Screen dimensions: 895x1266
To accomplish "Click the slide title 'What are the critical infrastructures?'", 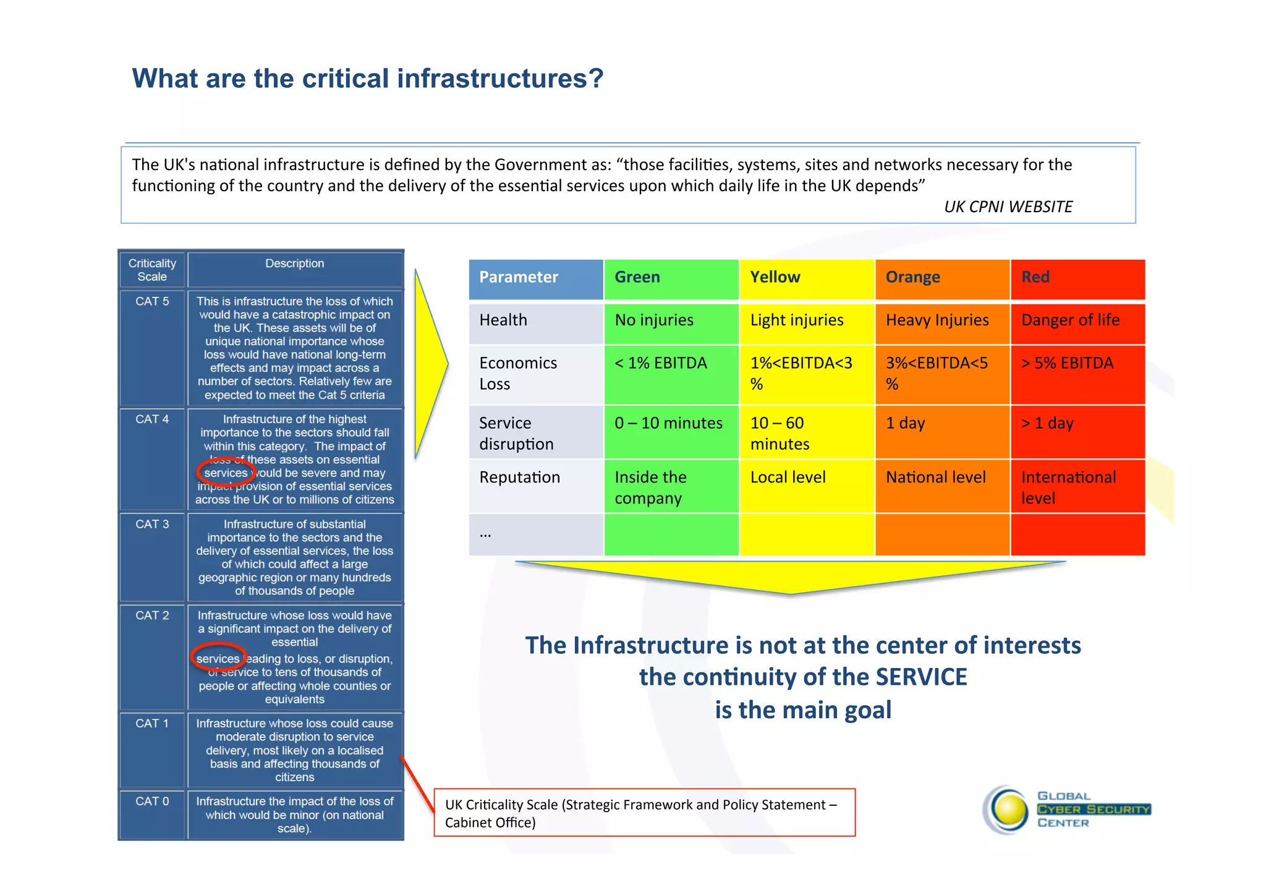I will [367, 79].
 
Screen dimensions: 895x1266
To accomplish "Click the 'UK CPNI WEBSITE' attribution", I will [1008, 207].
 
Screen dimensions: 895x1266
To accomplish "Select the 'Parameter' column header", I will [518, 277].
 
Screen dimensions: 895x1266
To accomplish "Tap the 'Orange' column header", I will [912, 277].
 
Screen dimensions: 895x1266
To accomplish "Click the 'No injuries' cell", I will [654, 320].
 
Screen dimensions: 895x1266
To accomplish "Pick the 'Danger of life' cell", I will [1070, 320].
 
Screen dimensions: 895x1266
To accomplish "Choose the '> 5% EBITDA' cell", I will [1067, 363].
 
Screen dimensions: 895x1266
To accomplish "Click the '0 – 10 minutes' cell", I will [668, 423].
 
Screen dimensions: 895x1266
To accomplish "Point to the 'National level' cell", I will [935, 477].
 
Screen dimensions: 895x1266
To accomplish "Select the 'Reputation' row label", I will [519, 477].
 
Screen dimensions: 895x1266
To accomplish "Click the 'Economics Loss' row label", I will [518, 373].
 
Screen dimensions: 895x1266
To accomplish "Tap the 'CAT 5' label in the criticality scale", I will [152, 301].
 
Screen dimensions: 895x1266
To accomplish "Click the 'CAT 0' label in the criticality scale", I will [152, 802].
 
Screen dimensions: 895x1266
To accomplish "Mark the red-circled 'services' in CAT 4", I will [226, 473].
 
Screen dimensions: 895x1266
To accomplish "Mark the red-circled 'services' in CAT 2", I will [218, 659].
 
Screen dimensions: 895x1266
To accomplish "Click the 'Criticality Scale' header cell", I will [152, 270].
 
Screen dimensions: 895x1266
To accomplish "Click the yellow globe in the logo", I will [1009, 810].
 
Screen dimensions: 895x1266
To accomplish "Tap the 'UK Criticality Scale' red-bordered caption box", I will [644, 813].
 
